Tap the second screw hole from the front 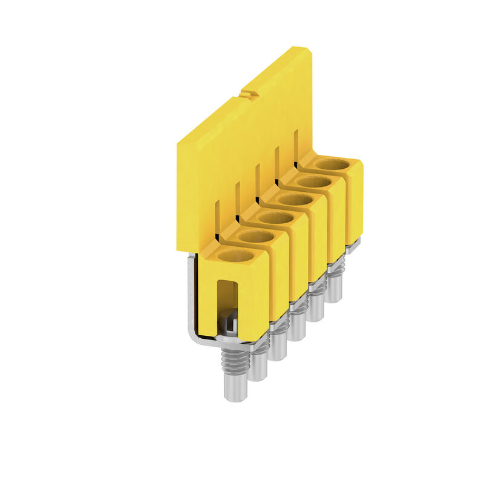point(256,237)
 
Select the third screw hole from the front point(276,218)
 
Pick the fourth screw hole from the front point(295,200)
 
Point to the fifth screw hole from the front point(314,181)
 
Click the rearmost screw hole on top point(333,164)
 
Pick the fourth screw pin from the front point(297,325)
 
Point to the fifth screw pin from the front point(316,306)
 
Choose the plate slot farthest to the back point(296,145)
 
